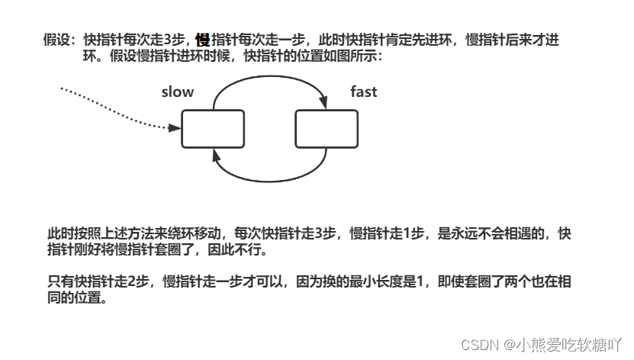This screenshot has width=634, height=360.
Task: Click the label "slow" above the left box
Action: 178,92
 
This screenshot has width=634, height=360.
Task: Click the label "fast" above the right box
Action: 363,92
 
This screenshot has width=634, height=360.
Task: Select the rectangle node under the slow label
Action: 213,128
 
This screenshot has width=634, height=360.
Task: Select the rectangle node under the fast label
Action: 327,128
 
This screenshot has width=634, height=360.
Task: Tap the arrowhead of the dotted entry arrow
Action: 175,127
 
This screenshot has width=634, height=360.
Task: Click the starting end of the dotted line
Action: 61,88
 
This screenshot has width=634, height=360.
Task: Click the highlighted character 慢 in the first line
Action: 202,40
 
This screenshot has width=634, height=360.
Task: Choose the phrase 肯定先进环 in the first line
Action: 418,40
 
